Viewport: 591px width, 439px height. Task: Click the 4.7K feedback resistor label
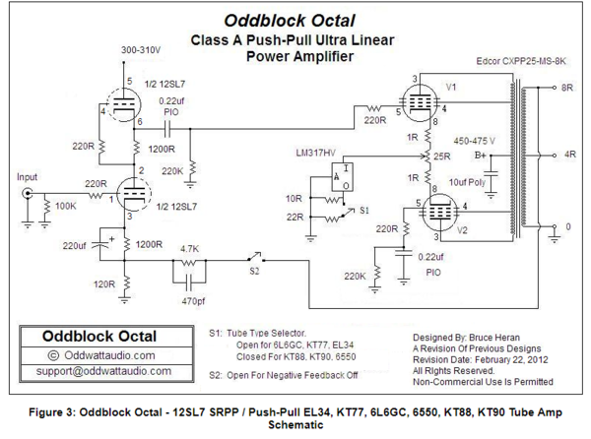point(189,250)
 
